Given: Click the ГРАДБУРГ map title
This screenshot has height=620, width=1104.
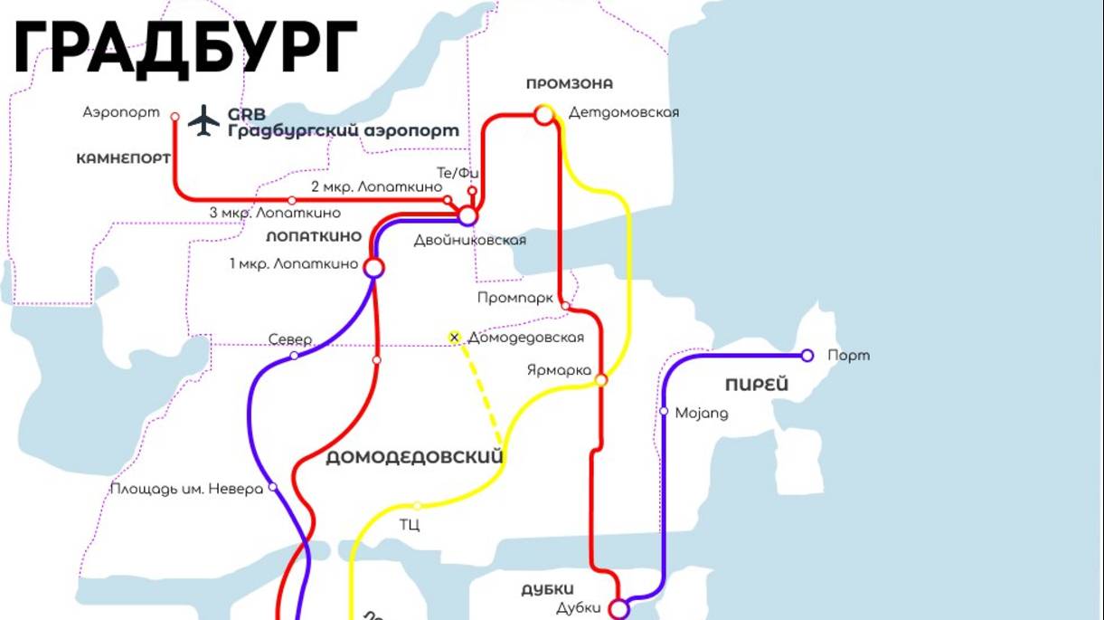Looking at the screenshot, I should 185,46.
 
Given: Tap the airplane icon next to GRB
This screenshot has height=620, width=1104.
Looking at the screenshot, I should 203,119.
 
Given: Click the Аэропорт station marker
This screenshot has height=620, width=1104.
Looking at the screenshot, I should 175,115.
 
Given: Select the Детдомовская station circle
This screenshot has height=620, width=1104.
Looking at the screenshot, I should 544,114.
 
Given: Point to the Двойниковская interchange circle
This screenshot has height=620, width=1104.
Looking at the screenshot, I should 467,216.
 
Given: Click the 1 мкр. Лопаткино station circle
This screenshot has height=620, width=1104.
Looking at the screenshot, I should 373,267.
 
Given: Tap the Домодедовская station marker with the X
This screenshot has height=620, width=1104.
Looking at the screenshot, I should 455,338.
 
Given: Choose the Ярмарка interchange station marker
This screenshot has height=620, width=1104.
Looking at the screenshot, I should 601,380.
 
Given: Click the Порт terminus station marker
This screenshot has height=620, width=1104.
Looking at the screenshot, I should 807,356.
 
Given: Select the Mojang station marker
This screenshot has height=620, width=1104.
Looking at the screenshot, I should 664,412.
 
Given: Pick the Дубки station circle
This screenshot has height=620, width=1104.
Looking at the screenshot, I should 619,609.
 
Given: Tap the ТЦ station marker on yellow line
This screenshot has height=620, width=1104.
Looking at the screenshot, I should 417,506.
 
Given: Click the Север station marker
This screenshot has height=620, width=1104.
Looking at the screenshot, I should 294,356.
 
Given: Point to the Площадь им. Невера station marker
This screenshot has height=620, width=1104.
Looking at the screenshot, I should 272,487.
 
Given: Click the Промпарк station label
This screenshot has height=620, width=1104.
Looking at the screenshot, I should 514,298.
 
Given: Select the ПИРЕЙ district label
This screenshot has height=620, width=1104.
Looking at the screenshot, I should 757,385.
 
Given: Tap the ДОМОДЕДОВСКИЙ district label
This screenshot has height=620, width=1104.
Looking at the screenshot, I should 414,457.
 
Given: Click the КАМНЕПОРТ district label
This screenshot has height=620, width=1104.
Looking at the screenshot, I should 124,158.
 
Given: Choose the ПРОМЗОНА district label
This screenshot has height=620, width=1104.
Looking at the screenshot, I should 570,84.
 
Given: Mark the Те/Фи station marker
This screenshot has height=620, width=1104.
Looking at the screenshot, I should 472,190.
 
